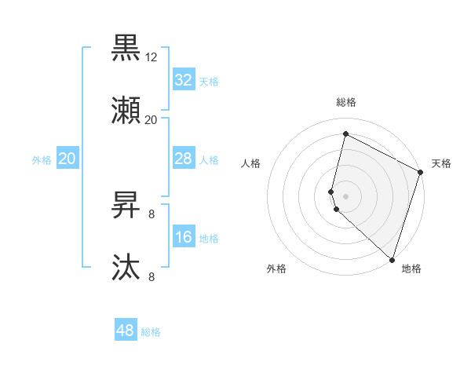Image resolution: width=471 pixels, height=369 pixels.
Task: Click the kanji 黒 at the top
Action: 126,48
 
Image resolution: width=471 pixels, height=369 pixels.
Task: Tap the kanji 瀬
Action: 126,111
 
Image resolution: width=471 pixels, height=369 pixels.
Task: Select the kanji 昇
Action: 126,206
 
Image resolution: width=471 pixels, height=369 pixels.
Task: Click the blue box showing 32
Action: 183,80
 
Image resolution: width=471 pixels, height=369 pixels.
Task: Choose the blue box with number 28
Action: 183,159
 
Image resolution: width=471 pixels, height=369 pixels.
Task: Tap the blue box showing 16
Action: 183,238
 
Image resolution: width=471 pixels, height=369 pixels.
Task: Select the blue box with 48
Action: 126,331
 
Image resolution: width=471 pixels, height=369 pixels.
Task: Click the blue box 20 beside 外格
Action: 67,159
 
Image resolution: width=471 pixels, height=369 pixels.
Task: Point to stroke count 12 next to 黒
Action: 152,57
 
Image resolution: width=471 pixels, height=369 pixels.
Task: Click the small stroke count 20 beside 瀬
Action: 151,120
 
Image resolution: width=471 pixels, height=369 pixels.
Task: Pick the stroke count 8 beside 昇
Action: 151,213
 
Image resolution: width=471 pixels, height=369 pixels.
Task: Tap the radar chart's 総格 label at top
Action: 346,102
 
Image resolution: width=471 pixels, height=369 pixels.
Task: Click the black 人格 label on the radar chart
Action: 250,163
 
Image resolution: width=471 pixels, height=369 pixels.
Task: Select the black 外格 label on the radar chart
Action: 276,269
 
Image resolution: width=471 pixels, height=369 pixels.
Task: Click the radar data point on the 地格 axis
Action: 392,258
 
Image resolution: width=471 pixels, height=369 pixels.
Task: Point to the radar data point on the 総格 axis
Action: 345,134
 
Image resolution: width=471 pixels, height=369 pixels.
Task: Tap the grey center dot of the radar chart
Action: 345,195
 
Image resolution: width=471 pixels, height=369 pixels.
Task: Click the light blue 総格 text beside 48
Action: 151,332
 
